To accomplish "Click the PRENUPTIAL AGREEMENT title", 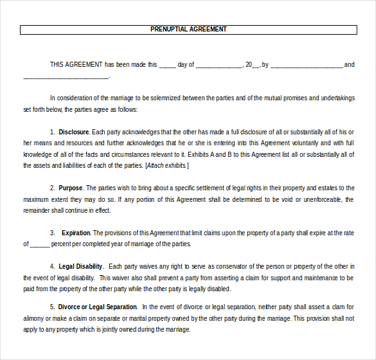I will [x=188, y=30].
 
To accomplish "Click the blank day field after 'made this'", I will [x=167, y=65].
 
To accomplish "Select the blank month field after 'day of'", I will [x=219, y=65].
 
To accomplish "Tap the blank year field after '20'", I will [x=256, y=65].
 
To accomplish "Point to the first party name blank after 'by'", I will [x=307, y=65].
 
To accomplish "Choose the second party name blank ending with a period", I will [x=66, y=76].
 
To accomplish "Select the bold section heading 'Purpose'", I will [x=71, y=188].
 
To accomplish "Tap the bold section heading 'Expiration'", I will [x=76, y=233].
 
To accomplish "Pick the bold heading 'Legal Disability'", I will [x=80, y=266].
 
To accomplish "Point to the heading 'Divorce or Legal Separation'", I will [x=97, y=307].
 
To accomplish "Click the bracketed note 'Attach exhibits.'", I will [x=167, y=166].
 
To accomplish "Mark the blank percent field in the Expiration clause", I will [x=39, y=244].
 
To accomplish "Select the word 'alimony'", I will [x=34, y=318].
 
